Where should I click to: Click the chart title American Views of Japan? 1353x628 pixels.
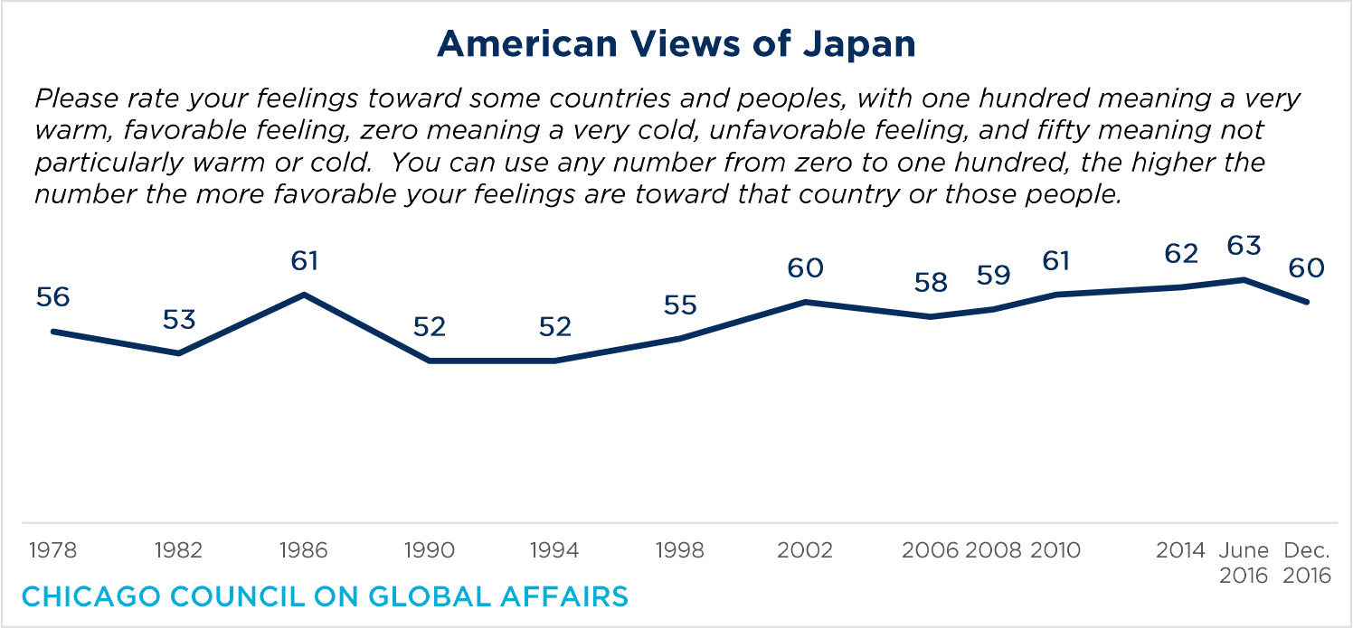676,43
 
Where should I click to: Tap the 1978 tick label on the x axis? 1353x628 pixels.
52,550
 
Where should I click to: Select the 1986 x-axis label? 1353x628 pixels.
304,550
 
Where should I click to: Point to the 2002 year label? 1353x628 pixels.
805,550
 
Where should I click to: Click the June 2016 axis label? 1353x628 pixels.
1244,562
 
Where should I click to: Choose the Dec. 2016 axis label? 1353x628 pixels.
1307,562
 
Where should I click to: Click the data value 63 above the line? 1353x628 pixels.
1244,247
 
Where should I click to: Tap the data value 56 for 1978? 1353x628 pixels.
53,297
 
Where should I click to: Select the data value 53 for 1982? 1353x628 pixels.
179,320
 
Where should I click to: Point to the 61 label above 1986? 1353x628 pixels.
305,261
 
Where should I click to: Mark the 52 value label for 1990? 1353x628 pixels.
430,326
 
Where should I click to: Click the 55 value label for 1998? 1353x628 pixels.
680,305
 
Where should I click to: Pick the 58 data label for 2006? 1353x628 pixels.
931,283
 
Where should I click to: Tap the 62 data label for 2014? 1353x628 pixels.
1181,254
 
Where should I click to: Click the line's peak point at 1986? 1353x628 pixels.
305,295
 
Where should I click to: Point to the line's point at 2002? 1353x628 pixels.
805,302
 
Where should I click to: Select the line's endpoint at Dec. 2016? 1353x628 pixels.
1307,302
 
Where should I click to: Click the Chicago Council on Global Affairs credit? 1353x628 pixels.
325,597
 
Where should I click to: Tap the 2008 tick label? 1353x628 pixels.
993,550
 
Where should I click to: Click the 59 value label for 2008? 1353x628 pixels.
993,276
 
